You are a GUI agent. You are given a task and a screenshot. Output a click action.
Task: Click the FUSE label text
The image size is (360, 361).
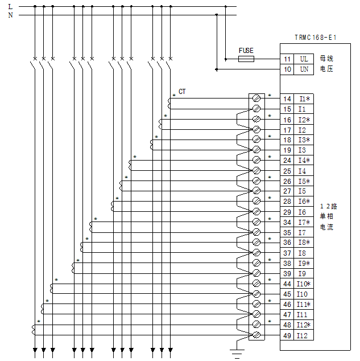click(x=246, y=51)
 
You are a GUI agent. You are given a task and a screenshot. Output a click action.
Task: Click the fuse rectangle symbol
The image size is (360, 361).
click(x=246, y=59)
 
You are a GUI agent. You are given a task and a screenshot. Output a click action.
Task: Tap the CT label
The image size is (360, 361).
click(x=182, y=91)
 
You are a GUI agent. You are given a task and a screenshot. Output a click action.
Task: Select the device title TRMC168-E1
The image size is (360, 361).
click(x=316, y=38)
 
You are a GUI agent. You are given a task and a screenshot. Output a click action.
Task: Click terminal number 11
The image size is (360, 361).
click(x=287, y=59)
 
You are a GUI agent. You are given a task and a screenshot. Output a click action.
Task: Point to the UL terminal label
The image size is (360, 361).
click(x=304, y=59)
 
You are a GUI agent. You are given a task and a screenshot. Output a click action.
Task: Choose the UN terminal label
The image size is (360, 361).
click(x=304, y=69)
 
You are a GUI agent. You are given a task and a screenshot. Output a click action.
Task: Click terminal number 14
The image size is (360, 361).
click(x=287, y=99)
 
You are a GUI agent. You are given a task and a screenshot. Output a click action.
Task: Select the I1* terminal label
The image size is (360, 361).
click(x=304, y=99)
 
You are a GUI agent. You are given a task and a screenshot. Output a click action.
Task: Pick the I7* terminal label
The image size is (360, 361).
click(x=304, y=222)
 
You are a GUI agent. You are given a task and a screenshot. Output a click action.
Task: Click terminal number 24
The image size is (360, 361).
click(x=287, y=160)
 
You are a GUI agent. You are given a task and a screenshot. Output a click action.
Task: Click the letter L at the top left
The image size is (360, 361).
click(x=10, y=6)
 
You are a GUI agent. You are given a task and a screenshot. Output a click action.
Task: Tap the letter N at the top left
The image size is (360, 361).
click(x=10, y=15)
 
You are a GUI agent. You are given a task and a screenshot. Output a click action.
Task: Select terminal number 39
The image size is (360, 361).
click(x=287, y=273)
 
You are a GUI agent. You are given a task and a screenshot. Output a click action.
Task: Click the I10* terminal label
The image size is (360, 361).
click(x=304, y=284)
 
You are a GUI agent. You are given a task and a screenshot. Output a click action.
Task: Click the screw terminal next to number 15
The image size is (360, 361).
click(x=256, y=109)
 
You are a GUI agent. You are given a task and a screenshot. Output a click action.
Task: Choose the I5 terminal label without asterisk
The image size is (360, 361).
click(x=302, y=191)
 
